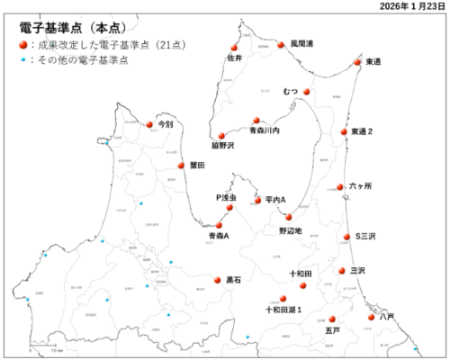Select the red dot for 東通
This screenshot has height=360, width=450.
pyautogui.click(x=357, y=63)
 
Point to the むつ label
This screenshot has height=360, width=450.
pyautogui.click(x=290, y=92)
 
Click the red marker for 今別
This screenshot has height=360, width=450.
pyautogui.click(x=149, y=125)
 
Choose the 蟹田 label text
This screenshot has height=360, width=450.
pyautogui.click(x=198, y=166)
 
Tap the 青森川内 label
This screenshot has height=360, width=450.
pyautogui.click(x=265, y=131)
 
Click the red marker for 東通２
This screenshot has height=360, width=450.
pyautogui.click(x=344, y=131)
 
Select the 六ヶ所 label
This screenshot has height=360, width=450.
pyautogui.click(x=359, y=187)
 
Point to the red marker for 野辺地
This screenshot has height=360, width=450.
pyautogui.click(x=288, y=217)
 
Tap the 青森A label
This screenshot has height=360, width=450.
pyautogui.click(x=219, y=236)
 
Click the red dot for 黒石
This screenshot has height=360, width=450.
pyautogui.click(x=217, y=279)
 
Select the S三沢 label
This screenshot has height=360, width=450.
pyautogui.click(x=364, y=237)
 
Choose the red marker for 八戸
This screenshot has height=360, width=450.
pyautogui.click(x=371, y=316)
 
